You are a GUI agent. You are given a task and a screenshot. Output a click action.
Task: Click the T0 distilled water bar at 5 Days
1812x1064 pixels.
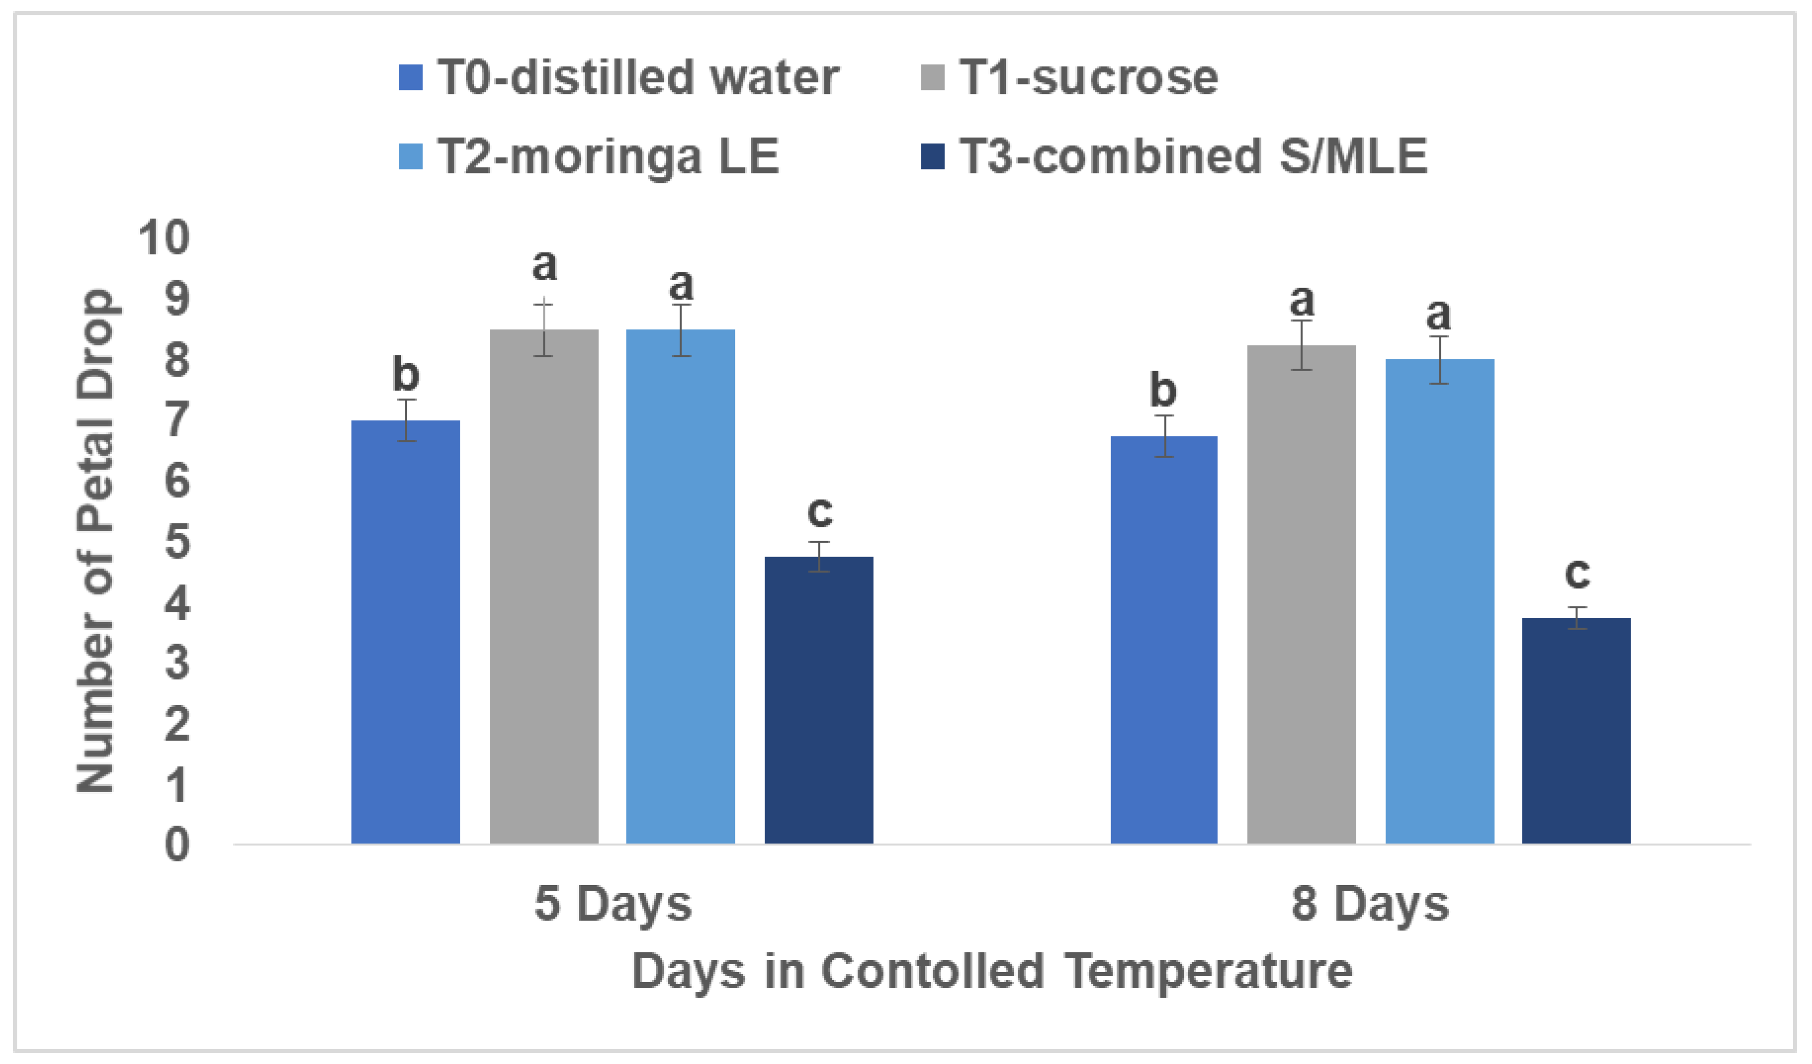click(405, 632)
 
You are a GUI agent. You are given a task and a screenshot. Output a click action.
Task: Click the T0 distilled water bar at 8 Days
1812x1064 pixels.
click(1164, 640)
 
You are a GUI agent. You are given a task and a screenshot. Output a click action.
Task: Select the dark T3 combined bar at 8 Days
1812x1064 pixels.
click(1576, 730)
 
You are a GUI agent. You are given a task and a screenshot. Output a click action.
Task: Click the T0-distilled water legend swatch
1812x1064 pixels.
click(411, 78)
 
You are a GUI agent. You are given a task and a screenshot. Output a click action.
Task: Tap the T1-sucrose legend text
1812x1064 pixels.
click(1089, 78)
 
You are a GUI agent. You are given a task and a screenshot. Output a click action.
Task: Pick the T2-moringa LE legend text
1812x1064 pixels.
click(608, 157)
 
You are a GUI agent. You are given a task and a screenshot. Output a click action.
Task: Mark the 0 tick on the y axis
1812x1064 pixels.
click(177, 845)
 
